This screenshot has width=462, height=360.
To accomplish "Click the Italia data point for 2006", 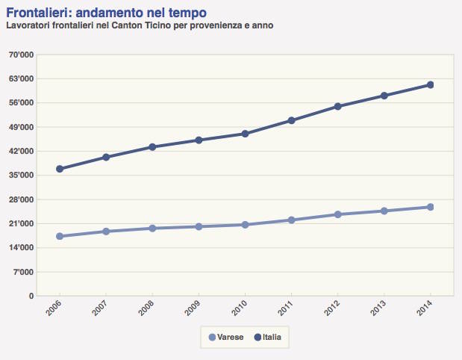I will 60,169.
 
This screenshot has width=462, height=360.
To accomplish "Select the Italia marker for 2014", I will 430,85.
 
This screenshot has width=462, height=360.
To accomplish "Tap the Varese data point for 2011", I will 291,220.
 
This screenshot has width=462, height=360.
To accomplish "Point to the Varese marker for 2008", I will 152,228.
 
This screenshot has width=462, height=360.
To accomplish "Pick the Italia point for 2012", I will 337,106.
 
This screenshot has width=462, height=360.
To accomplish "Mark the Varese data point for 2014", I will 430,207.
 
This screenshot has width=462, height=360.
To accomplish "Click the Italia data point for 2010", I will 245,134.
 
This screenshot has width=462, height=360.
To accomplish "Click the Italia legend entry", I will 266,338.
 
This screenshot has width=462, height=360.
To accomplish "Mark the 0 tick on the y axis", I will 31,296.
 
